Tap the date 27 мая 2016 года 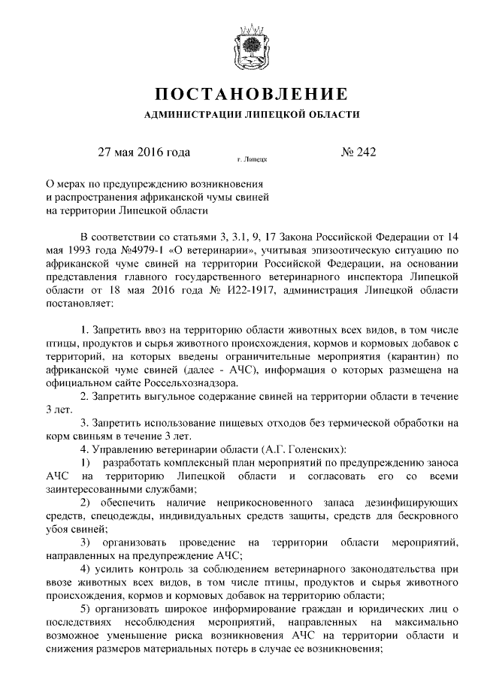pyautogui.click(x=144, y=153)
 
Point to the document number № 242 pyautogui.click(x=358, y=153)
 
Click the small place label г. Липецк pyautogui.click(x=253, y=159)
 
